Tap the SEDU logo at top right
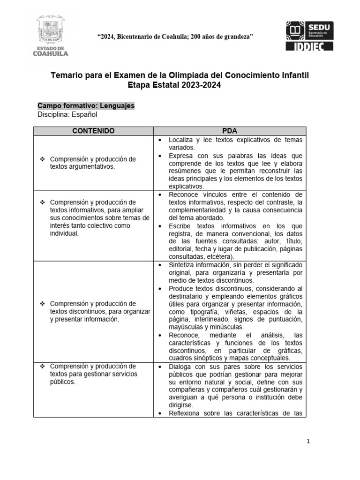[x=309, y=31]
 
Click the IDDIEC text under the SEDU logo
[x=310, y=45]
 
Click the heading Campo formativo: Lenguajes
[x=86, y=106]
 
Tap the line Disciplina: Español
[x=67, y=114]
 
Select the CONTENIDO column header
[x=93, y=131]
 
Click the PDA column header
[x=230, y=131]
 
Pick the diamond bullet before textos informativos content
[x=42, y=202]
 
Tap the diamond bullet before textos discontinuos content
[x=42, y=304]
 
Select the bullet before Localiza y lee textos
[x=160, y=140]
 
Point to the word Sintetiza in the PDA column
[x=183, y=265]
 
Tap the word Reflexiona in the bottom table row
[x=187, y=413]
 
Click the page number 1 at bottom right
[x=308, y=441]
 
